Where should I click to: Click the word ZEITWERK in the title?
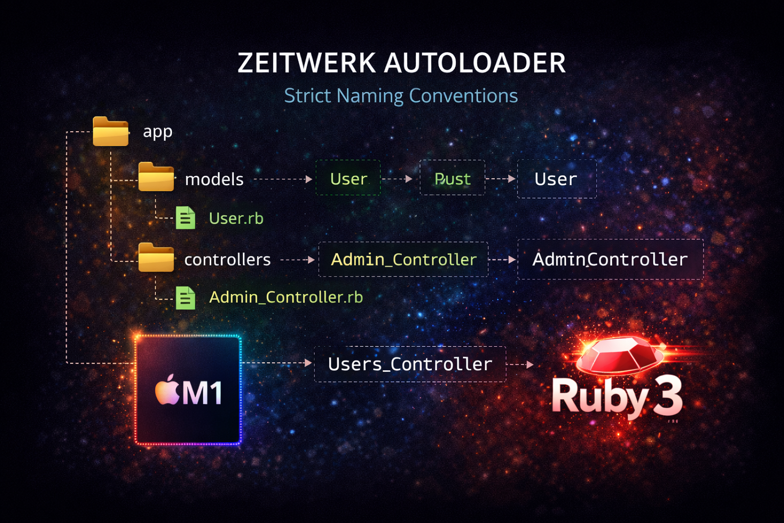(x=307, y=63)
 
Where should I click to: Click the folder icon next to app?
(x=111, y=132)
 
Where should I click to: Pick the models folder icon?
(x=156, y=177)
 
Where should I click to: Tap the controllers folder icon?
(x=156, y=257)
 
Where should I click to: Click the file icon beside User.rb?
(x=185, y=218)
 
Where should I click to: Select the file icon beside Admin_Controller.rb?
(x=185, y=298)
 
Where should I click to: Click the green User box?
(x=348, y=179)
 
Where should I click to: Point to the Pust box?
(x=452, y=179)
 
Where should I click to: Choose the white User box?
(x=556, y=179)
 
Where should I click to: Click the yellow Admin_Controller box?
(x=403, y=259)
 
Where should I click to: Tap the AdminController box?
(x=610, y=259)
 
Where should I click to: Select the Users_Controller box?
(x=410, y=364)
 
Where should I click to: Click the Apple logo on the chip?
(x=167, y=391)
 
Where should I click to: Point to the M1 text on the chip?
(x=203, y=394)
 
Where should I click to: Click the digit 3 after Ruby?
(x=668, y=397)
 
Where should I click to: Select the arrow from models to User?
(x=283, y=179)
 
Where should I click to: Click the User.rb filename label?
(x=236, y=219)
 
